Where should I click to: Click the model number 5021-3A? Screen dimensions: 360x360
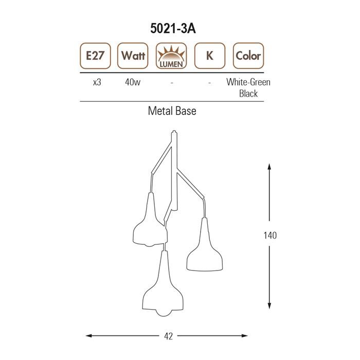click(x=173, y=28)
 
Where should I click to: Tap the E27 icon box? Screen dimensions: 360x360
click(x=95, y=56)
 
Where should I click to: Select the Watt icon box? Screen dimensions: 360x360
click(x=133, y=56)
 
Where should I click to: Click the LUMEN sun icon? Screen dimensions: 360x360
click(x=171, y=56)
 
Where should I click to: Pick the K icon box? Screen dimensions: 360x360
click(x=210, y=56)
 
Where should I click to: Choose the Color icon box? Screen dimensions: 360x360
click(x=248, y=56)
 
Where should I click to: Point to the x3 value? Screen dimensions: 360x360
click(x=97, y=82)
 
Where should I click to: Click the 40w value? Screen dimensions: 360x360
click(x=133, y=82)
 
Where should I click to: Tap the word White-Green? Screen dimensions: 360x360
click(x=248, y=82)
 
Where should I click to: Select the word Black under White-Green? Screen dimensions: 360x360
click(x=248, y=94)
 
